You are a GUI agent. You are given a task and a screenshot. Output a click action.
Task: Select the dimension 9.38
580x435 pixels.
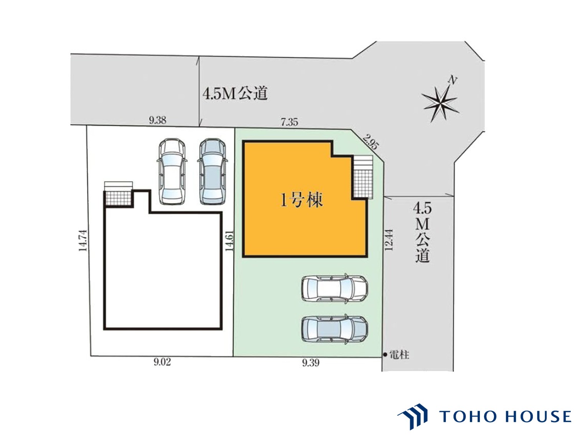pos(158,120)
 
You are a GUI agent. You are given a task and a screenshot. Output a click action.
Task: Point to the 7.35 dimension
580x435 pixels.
pos(290,122)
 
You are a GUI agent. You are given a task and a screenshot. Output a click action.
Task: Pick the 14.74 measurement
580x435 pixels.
pos(83,241)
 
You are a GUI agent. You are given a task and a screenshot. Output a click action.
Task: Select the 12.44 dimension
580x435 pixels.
pos(389,239)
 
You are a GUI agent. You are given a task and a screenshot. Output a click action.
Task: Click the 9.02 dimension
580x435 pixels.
pos(162,362)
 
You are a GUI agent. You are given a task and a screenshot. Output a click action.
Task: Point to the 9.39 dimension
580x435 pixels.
pos(311,363)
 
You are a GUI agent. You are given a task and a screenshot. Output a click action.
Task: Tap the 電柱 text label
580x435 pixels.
pos(399,355)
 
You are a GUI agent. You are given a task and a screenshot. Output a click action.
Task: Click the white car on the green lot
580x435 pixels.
pos(334,289)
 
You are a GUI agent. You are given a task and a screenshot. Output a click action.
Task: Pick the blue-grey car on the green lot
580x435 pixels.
pos(334,329)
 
